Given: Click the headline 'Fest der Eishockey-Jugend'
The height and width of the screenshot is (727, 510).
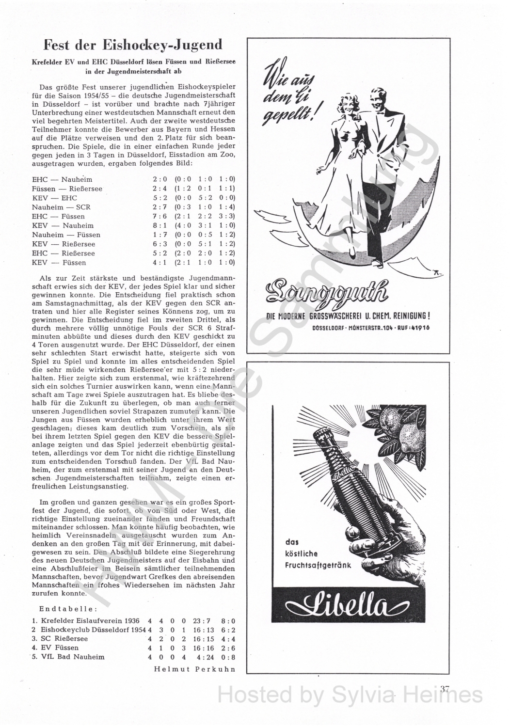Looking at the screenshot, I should coord(133,45).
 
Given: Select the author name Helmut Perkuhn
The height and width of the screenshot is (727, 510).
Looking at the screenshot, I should coord(194,669).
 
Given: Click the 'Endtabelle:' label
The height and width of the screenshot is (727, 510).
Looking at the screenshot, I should coord(67,608).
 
